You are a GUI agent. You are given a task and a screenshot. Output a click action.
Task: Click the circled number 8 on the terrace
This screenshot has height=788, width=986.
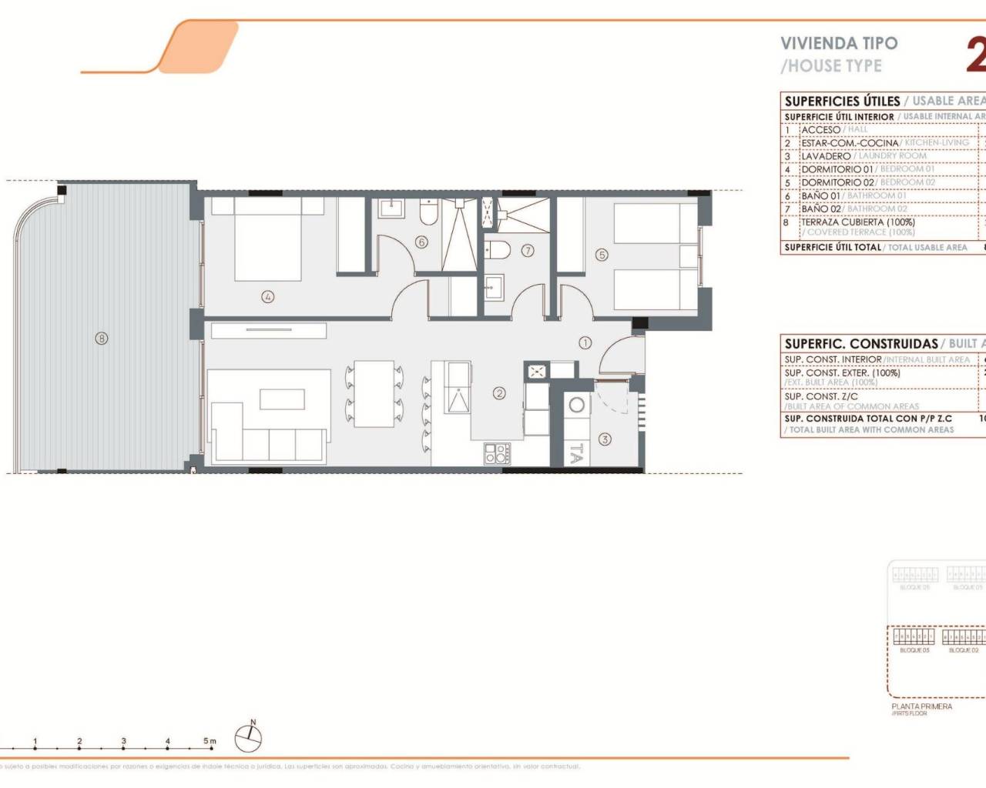(x=101, y=338)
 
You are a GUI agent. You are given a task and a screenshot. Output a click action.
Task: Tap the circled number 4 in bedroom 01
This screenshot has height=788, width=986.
(x=267, y=296)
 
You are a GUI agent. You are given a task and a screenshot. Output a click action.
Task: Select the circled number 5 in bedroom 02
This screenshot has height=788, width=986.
(x=602, y=255)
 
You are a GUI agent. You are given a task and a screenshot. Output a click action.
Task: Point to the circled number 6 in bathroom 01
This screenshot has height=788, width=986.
(x=421, y=242)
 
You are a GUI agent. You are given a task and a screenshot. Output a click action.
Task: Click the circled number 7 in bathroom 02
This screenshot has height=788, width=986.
(x=528, y=250)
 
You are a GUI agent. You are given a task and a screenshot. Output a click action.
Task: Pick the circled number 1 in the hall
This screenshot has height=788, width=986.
(x=585, y=342)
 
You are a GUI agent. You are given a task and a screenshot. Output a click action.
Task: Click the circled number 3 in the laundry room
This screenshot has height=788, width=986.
(x=605, y=439)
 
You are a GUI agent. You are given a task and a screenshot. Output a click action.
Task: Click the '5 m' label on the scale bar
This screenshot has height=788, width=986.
(x=210, y=741)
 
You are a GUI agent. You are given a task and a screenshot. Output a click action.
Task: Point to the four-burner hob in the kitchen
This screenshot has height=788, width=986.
(x=497, y=453)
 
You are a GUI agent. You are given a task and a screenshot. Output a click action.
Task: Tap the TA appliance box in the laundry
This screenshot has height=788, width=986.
(x=575, y=454)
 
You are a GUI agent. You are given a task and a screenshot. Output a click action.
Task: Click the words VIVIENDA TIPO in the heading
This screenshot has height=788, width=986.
(x=839, y=44)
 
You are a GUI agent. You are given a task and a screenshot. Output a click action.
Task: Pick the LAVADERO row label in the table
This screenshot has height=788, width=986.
(x=826, y=156)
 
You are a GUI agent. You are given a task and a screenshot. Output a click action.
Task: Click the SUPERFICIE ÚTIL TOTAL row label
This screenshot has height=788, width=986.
(x=832, y=248)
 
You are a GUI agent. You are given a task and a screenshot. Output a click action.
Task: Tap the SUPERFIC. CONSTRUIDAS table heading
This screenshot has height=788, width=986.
(x=861, y=344)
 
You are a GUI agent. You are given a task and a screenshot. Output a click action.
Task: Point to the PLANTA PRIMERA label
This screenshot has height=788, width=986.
(x=921, y=706)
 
